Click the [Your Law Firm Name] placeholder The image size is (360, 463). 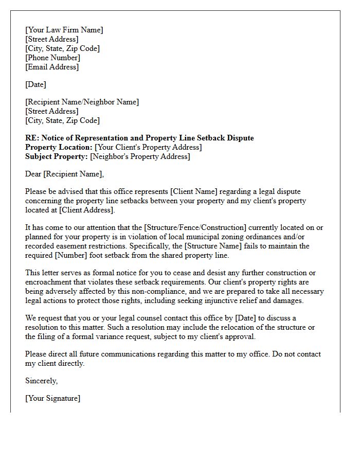point(64,30)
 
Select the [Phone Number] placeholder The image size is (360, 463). point(52,58)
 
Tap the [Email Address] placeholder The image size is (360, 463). point(52,67)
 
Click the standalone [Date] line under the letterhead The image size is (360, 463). point(35,84)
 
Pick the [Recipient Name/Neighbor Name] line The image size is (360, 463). point(82,102)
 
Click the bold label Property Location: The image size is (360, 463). point(59,147)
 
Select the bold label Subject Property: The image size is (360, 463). point(57,156)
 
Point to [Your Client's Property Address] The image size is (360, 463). point(148,147)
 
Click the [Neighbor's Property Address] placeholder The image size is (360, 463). point(140,156)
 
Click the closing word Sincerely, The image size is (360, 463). point(41,381)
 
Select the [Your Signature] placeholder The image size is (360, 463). point(52,398)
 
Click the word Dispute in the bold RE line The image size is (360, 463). point(241,138)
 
